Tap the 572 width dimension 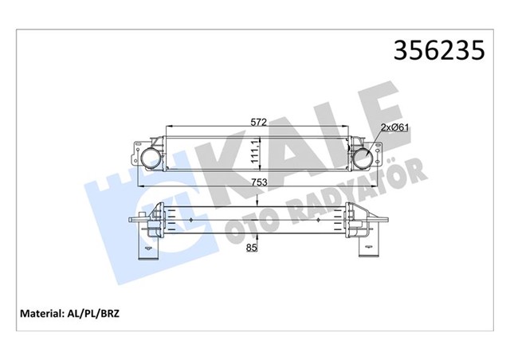click(x=255, y=123)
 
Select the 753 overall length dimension click(x=257, y=182)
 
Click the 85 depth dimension click(x=253, y=248)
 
